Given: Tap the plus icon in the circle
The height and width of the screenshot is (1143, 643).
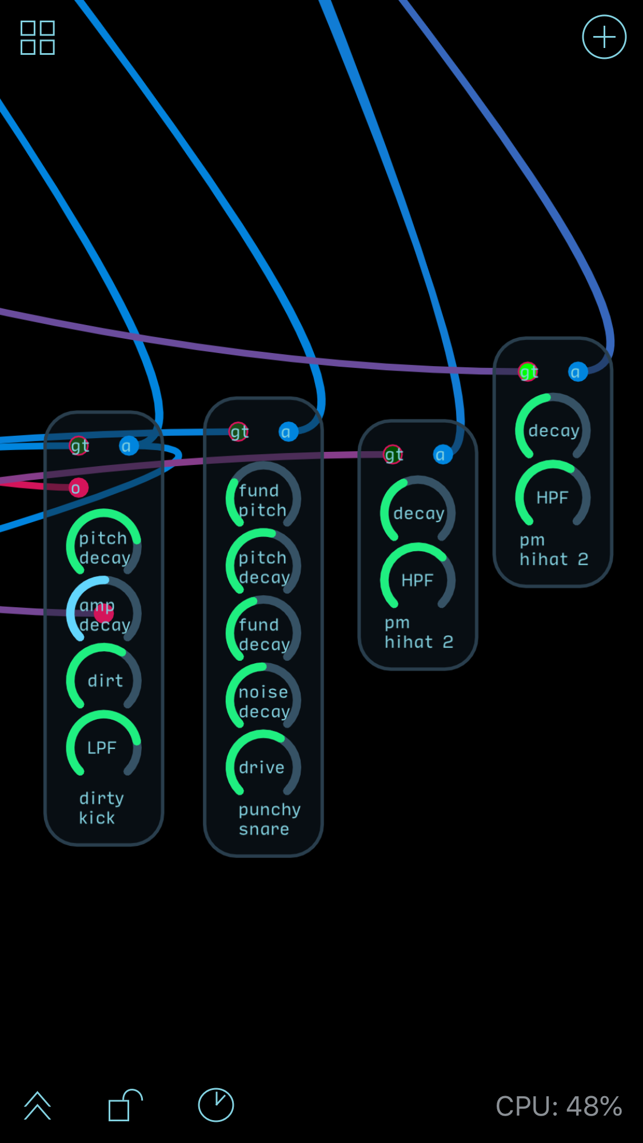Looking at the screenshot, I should point(604,37).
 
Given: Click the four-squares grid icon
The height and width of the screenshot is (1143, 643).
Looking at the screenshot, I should point(38,38).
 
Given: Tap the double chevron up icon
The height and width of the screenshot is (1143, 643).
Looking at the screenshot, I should point(38,1105).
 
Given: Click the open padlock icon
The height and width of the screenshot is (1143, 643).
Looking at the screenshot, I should point(124,1105).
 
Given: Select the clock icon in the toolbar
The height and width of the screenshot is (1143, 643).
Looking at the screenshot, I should point(215,1105).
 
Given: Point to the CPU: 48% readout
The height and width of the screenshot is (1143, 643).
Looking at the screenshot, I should point(558,1106).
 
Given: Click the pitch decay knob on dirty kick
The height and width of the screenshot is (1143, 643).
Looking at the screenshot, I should point(103,547).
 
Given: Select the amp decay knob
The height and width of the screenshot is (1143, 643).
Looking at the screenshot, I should point(103,614).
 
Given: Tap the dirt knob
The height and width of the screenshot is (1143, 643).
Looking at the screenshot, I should point(103,680).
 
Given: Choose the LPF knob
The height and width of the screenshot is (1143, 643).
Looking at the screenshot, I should point(103,747).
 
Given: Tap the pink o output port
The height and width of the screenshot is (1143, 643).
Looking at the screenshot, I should point(78,488).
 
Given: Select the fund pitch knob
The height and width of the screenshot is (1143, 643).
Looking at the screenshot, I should point(263,500).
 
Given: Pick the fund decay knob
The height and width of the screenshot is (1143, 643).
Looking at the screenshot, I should point(263,634).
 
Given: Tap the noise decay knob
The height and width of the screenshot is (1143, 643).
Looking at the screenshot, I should point(263,701).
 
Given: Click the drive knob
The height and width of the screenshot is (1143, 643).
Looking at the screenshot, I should point(263,767).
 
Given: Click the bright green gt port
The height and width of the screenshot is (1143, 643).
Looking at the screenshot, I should point(528,372).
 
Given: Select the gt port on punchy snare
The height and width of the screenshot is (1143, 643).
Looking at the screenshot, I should point(238,432).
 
